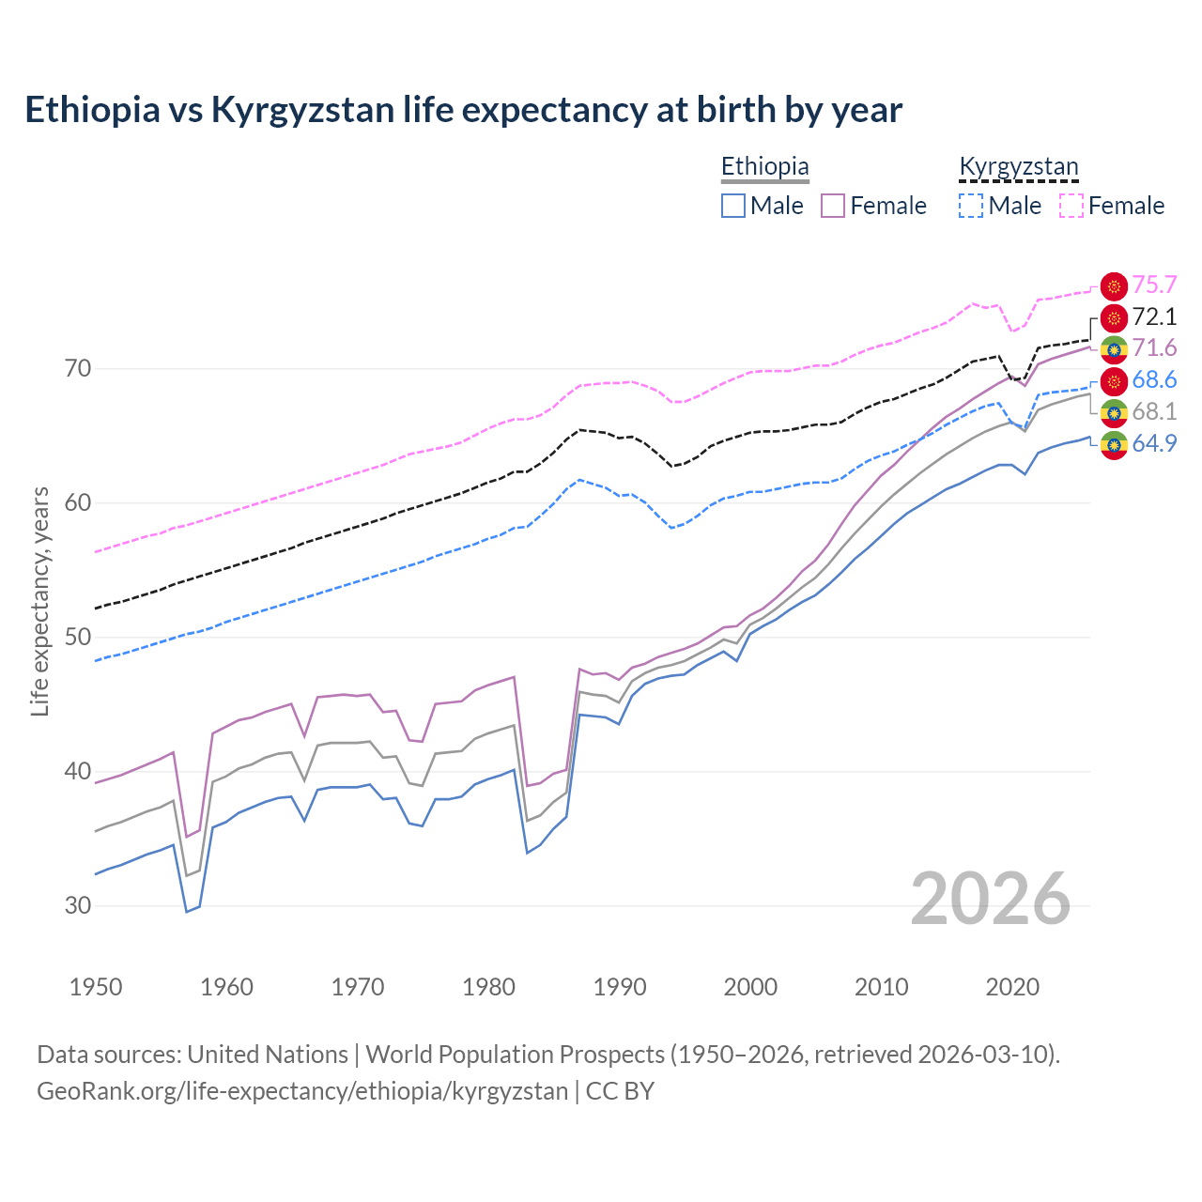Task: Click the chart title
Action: [x=463, y=110]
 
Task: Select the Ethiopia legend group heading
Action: [x=764, y=166]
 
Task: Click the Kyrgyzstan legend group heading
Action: [x=1018, y=166]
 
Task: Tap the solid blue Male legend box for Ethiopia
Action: [x=733, y=206]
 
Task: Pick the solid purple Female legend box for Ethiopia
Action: [x=833, y=206]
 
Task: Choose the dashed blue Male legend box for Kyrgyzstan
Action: [x=971, y=206]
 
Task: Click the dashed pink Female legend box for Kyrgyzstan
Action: [x=1071, y=206]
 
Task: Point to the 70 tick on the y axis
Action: [x=78, y=368]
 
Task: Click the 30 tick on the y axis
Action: [x=78, y=906]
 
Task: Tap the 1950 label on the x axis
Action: [x=96, y=987]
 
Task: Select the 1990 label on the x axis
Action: [x=620, y=987]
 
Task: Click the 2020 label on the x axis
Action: [x=1012, y=987]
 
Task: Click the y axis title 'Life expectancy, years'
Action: [x=40, y=601]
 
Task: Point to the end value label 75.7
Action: [x=1154, y=285]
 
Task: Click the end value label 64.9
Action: [x=1154, y=443]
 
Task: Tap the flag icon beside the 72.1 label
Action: [x=1114, y=317]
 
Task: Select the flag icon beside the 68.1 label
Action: [x=1114, y=412]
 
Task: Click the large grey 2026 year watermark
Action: [x=990, y=899]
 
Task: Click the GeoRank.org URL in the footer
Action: [x=302, y=1091]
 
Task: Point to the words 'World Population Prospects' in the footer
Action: [x=514, y=1055]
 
